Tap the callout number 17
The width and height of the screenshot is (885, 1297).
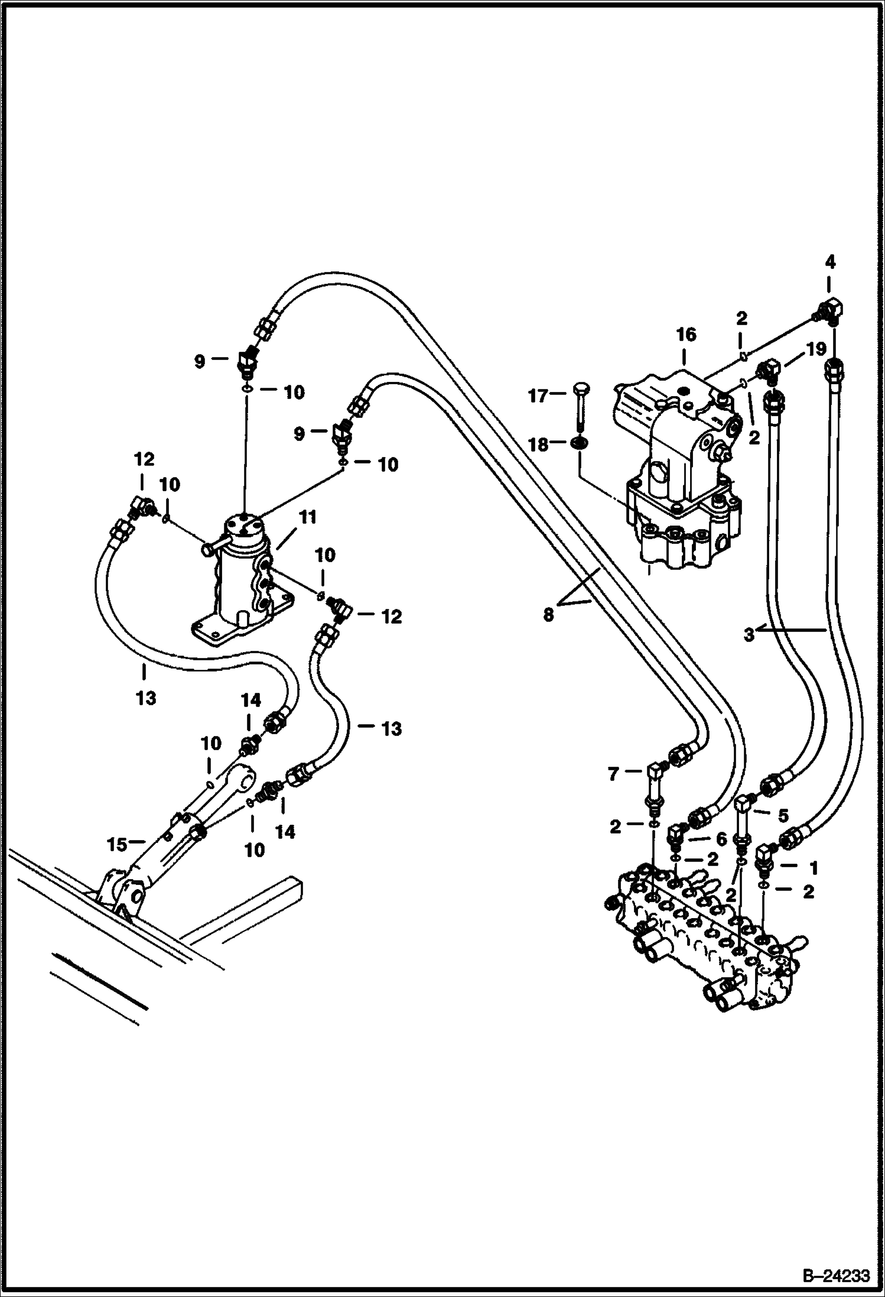tap(538, 395)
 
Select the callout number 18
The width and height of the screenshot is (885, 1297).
tap(538, 445)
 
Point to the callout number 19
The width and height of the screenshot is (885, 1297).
tap(816, 350)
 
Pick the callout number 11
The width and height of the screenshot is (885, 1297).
tap(307, 518)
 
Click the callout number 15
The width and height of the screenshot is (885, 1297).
tap(117, 845)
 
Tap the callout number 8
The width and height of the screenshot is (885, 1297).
tap(548, 615)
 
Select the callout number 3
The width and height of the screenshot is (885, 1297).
tap(749, 636)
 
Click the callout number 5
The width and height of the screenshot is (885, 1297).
tap(783, 816)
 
